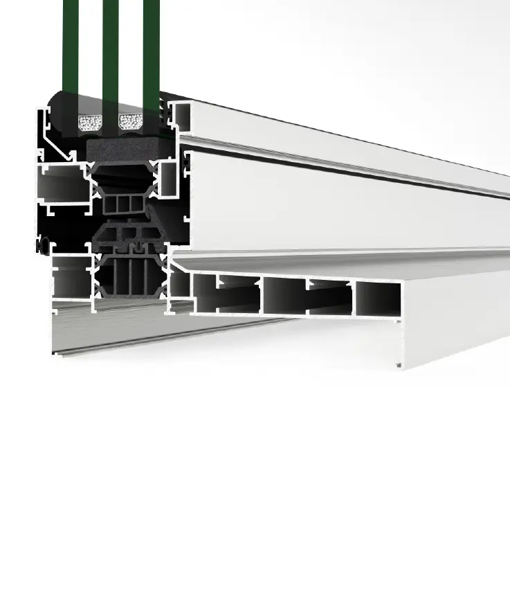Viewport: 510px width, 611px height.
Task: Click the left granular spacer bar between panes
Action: tap(90, 123)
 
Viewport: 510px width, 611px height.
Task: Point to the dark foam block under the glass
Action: tap(130, 148)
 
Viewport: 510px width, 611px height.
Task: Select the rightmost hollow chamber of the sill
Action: tap(378, 299)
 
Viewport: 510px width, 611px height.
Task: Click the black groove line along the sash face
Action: tap(346, 167)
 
